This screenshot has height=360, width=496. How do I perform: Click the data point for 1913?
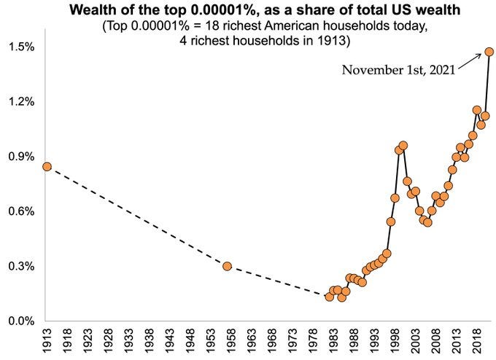coord(47,166)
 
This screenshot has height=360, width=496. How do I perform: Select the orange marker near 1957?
coord(227,266)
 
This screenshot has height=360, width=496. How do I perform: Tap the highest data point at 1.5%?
coord(489,52)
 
